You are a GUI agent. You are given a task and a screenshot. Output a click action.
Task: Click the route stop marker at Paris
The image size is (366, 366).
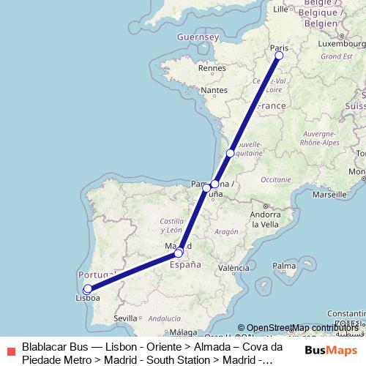click(x=279, y=55)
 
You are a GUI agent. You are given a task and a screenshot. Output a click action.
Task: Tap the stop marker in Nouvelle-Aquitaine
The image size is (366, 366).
click(x=230, y=153)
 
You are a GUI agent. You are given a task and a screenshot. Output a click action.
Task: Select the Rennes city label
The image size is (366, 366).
click(x=212, y=68)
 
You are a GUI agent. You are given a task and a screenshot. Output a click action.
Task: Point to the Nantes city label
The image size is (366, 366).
click(x=214, y=90)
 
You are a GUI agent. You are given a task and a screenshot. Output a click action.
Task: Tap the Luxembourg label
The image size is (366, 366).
click(x=337, y=43)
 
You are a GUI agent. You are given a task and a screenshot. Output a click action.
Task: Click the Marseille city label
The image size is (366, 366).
click(x=329, y=195)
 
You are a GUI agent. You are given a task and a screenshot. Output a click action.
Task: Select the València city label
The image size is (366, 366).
click(x=234, y=268)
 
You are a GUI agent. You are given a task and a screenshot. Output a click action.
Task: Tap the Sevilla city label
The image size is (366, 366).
click(x=125, y=318)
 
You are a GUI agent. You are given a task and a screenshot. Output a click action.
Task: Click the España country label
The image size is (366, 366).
click(x=186, y=265)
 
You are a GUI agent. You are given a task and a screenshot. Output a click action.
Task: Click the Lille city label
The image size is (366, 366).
click(x=280, y=10)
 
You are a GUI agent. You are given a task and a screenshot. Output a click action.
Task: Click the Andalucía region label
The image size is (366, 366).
click(x=165, y=318)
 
